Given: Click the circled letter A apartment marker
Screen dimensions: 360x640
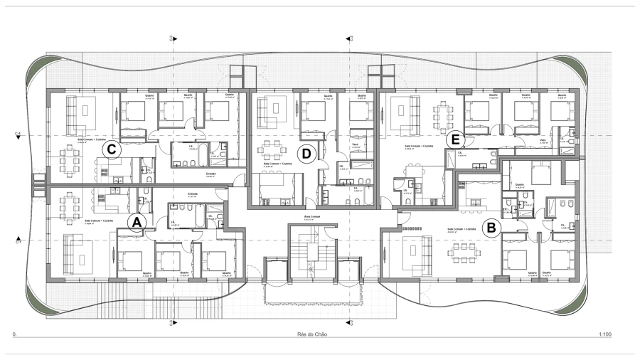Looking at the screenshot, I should coord(137,223).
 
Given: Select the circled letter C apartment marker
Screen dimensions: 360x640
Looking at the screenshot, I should coord(112,150).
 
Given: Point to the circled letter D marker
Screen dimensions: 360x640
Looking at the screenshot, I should coord(306,152).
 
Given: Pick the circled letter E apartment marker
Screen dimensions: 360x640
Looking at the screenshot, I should coord(456,139).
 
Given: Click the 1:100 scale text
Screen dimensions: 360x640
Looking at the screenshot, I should coord(606,333).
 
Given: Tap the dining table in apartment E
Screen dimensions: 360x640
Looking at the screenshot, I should coord(445,112).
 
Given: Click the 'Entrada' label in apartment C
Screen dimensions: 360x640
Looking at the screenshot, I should coord(211,173).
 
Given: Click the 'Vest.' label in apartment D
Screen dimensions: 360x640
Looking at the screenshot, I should coord(356,143).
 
